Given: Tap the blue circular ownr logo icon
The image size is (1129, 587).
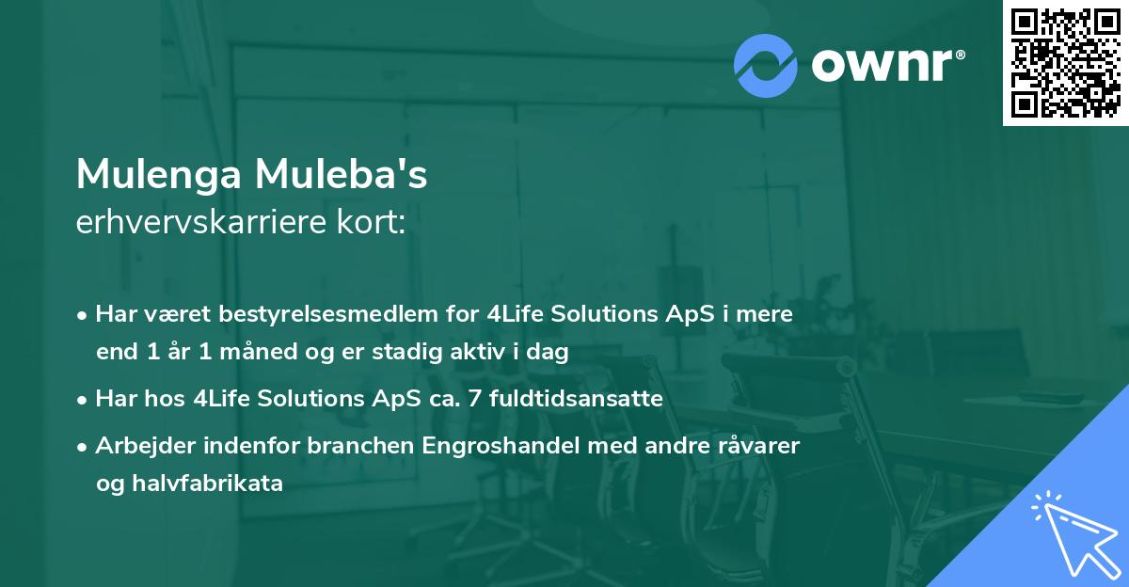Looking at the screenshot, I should click(x=765, y=65).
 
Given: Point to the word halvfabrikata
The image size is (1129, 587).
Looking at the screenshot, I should click(x=222, y=484).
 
